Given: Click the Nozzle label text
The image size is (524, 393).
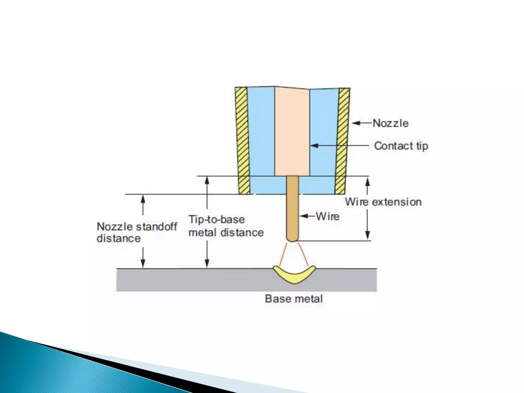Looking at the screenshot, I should point(390,123).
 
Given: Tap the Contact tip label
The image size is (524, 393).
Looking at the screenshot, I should point(401,146).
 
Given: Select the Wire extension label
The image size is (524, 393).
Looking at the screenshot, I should point(383,202).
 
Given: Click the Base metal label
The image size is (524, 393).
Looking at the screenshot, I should point(294,299).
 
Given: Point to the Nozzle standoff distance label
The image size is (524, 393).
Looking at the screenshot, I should point(137,232).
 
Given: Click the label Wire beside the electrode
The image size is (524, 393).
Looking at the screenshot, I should point(327,216).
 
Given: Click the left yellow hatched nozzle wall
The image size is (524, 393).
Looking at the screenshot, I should point(243,141).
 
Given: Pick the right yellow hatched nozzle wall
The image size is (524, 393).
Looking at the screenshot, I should point(342,141).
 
